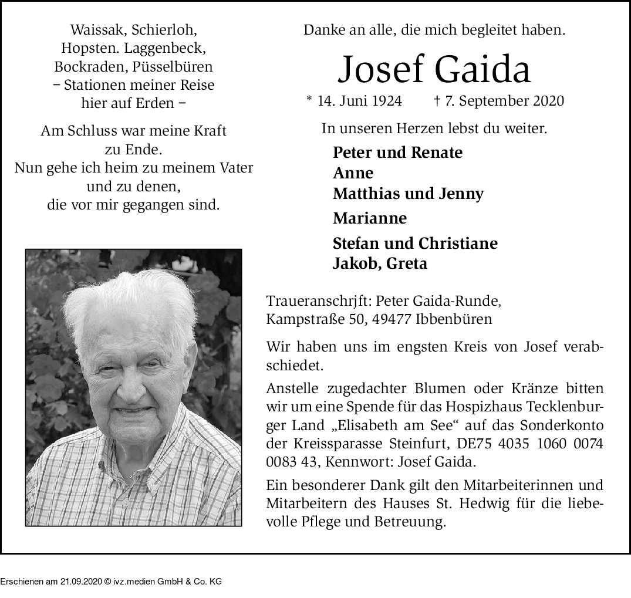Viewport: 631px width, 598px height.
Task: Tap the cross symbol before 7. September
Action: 437,100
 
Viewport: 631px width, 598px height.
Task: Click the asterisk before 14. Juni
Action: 309,100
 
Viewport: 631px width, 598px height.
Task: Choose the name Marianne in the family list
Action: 369,218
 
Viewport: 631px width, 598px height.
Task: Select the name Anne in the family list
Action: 353,173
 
